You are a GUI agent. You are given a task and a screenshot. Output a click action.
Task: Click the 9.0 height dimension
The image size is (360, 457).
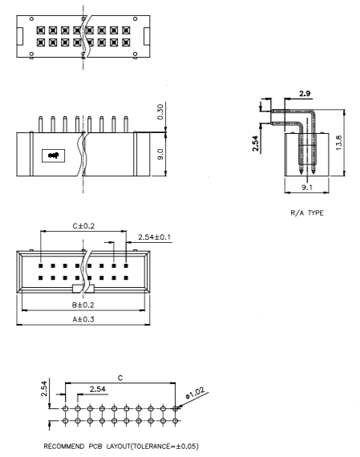[162, 152]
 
